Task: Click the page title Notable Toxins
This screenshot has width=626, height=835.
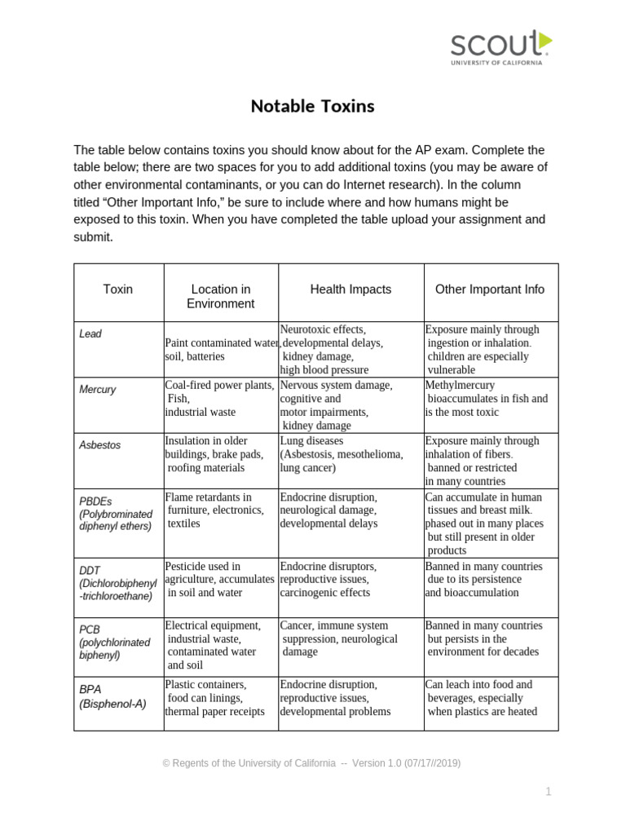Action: pyautogui.click(x=312, y=106)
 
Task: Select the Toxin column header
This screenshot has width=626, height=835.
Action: pyautogui.click(x=118, y=289)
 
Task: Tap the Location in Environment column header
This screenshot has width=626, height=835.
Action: pyautogui.click(x=220, y=296)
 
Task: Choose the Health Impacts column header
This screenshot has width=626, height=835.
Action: pyautogui.click(x=350, y=289)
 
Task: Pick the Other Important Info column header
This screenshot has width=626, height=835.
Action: pyautogui.click(x=490, y=289)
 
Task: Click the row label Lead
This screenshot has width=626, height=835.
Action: pyautogui.click(x=90, y=334)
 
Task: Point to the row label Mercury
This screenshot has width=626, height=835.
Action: pyautogui.click(x=98, y=390)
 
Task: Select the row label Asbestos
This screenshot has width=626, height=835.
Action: pyautogui.click(x=99, y=445)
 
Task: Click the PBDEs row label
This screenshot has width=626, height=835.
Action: pyautogui.click(x=116, y=514)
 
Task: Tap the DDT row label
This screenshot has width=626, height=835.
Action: pyautogui.click(x=117, y=583)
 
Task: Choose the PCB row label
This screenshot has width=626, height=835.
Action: pyautogui.click(x=114, y=643)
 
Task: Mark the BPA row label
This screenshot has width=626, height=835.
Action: pyautogui.click(x=112, y=696)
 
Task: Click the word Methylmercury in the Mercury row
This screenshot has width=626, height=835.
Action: pyautogui.click(x=460, y=385)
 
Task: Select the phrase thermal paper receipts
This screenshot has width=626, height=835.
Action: pyautogui.click(x=214, y=711)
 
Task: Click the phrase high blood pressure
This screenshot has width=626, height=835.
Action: pyautogui.click(x=324, y=369)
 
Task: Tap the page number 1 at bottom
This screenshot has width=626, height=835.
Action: pyautogui.click(x=549, y=791)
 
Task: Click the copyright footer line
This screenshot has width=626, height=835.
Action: pyautogui.click(x=311, y=763)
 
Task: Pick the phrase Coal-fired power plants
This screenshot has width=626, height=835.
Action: pyautogui.click(x=219, y=385)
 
